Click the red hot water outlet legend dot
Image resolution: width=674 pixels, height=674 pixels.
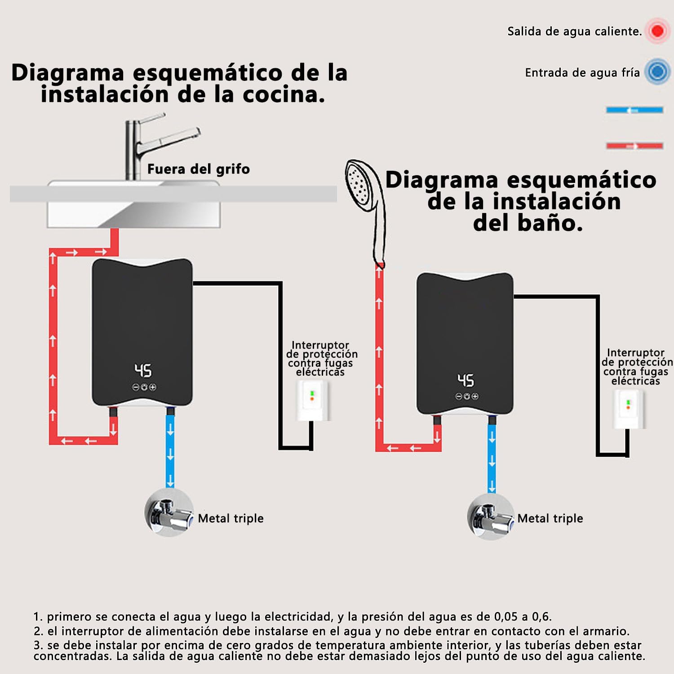[657, 31]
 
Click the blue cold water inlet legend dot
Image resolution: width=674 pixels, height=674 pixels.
[657, 72]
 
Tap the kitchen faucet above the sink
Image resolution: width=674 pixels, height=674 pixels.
[148, 144]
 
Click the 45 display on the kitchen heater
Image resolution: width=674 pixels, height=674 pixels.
[143, 371]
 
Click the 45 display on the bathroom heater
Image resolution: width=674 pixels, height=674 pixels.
[466, 380]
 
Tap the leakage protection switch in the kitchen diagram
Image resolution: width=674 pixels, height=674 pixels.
[312, 400]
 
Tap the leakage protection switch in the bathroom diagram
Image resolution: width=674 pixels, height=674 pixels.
[629, 409]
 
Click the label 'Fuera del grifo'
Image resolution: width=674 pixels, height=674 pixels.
[198, 169]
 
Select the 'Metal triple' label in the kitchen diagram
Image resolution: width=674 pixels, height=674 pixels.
[231, 519]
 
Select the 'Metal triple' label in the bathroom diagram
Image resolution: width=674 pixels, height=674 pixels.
[550, 519]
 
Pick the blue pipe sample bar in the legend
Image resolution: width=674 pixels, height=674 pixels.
[634, 110]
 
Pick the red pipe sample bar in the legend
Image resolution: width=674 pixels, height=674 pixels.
[634, 146]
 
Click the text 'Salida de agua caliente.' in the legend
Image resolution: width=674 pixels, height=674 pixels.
[574, 31]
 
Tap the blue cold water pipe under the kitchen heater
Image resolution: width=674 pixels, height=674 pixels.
[170, 449]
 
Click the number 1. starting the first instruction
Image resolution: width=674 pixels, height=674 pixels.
[38, 617]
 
